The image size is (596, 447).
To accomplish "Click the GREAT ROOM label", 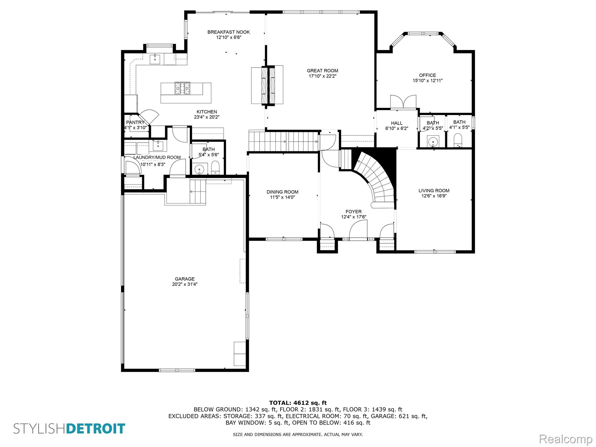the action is pyautogui.click(x=322, y=70).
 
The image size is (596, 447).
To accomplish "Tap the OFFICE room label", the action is pyautogui.click(x=428, y=75).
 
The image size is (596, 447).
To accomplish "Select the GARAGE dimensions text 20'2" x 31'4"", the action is pyautogui.click(x=185, y=284).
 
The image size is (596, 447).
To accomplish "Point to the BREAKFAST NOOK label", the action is pyautogui.click(x=228, y=32).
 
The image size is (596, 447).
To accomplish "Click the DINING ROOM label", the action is pyautogui.click(x=282, y=192).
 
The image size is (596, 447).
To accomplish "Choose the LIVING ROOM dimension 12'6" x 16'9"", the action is pyautogui.click(x=434, y=196).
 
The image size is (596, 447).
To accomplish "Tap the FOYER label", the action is pyautogui.click(x=354, y=212).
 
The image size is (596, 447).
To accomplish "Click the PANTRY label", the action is pyautogui.click(x=135, y=123).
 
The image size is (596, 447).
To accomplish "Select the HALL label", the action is pyautogui.click(x=397, y=123).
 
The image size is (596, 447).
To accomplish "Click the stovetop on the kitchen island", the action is pyautogui.click(x=182, y=88).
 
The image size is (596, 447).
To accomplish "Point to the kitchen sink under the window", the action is pyautogui.click(x=155, y=59).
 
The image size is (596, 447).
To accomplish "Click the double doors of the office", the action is pyautogui.click(x=403, y=102).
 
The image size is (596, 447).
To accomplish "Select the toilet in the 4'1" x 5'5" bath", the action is pyautogui.click(x=458, y=140).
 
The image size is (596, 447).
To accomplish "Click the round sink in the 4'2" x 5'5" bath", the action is pyautogui.click(x=433, y=142).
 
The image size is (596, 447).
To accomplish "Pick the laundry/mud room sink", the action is pyautogui.click(x=158, y=146).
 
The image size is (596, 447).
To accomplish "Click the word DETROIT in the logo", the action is pyautogui.click(x=96, y=429).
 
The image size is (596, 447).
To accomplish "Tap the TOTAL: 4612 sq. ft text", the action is pyautogui.click(x=298, y=403).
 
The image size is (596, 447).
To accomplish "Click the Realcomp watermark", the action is pyautogui.click(x=566, y=439).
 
